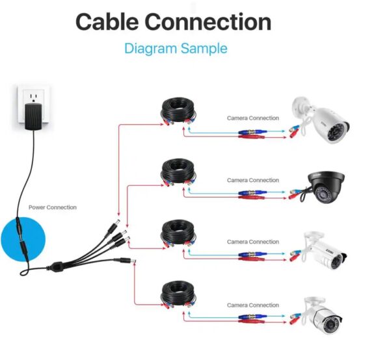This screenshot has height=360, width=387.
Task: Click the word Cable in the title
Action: click(x=107, y=21)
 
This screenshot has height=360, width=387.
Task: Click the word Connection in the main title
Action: click(x=208, y=21)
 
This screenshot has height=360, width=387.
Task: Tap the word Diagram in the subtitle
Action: click(x=150, y=49)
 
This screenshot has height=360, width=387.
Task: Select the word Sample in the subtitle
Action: click(x=204, y=49)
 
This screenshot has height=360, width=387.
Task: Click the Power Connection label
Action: click(x=53, y=207)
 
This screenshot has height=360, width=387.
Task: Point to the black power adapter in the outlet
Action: click(x=33, y=116)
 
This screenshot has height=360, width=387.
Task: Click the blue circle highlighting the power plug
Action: click(x=23, y=239)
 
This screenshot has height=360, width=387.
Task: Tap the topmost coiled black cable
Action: click(x=178, y=112)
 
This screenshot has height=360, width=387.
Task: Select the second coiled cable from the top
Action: click(x=178, y=173)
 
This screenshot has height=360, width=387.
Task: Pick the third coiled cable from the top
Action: click(x=178, y=234)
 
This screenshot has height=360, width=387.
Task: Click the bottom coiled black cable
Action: click(x=178, y=294)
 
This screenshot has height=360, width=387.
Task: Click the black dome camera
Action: click(x=326, y=188)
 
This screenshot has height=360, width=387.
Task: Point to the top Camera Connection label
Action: click(x=253, y=118)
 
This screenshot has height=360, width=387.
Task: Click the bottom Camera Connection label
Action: click(x=253, y=305)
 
